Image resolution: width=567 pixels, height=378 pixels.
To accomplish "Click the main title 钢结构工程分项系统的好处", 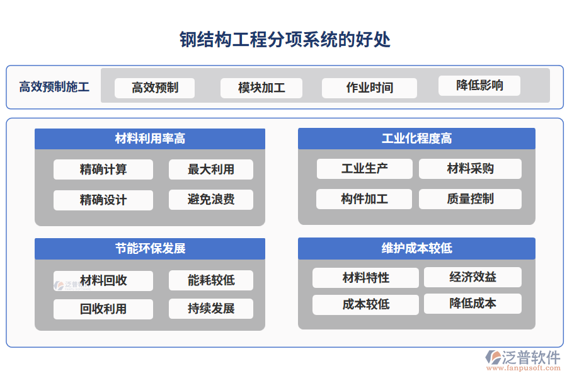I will [x=285, y=40].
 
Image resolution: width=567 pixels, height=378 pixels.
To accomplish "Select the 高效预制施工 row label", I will [x=54, y=87].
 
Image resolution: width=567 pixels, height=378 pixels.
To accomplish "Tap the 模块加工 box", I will [x=261, y=88].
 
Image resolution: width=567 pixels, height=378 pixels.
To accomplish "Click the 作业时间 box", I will [x=369, y=88].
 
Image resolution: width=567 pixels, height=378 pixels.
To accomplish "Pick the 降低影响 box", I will [x=479, y=85].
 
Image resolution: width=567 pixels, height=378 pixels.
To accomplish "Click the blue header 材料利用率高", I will [x=150, y=139].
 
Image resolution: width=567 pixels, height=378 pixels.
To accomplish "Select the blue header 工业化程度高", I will [x=416, y=139].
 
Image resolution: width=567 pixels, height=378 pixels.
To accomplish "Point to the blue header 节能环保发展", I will [x=150, y=248].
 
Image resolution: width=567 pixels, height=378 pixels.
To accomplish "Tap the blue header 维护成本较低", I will [x=416, y=248].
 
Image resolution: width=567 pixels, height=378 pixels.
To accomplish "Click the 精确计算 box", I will [x=103, y=169].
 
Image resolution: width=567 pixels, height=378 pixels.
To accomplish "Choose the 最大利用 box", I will [x=211, y=169].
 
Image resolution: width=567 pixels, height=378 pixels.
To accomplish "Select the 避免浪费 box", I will [x=211, y=200].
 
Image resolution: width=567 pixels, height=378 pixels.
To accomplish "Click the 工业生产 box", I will [x=364, y=168].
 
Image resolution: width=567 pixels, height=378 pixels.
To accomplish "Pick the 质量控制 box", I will [x=470, y=199].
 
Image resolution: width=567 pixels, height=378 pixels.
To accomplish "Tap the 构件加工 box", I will [x=364, y=199].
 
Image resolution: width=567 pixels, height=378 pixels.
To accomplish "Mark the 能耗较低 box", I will [x=211, y=280].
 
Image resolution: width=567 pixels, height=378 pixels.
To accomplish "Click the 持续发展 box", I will [x=211, y=309].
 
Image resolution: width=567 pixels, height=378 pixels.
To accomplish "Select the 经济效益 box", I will [x=472, y=277].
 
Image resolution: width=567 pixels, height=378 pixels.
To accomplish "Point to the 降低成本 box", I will [x=472, y=304].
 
